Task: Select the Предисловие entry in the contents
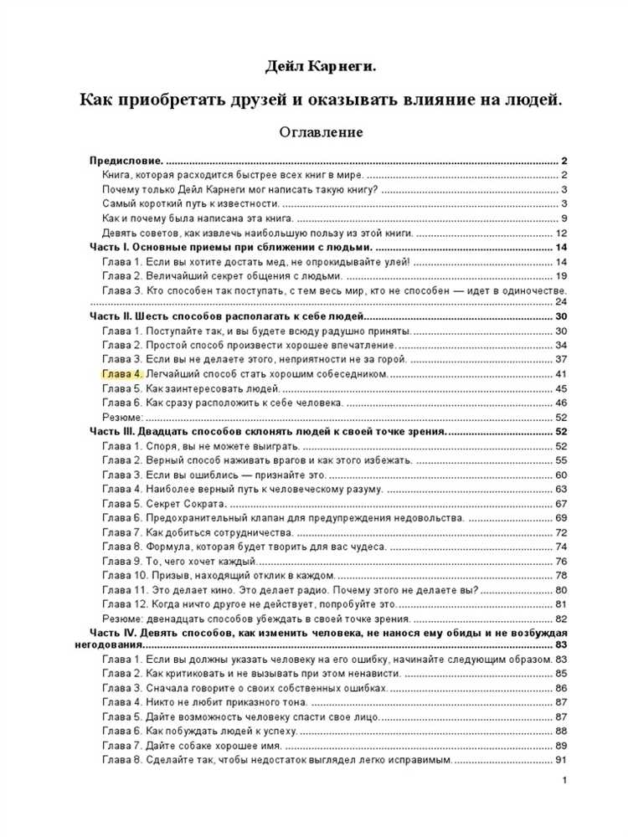[126, 161]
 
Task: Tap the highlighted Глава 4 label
[122, 373]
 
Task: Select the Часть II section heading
[226, 316]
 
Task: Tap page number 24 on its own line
[562, 301]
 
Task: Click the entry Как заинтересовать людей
[191, 388]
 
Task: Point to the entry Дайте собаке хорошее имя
[192, 745]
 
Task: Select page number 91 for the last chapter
[562, 760]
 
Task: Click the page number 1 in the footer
[566, 781]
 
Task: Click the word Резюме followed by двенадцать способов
[122, 618]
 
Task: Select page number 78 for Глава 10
[562, 575]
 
